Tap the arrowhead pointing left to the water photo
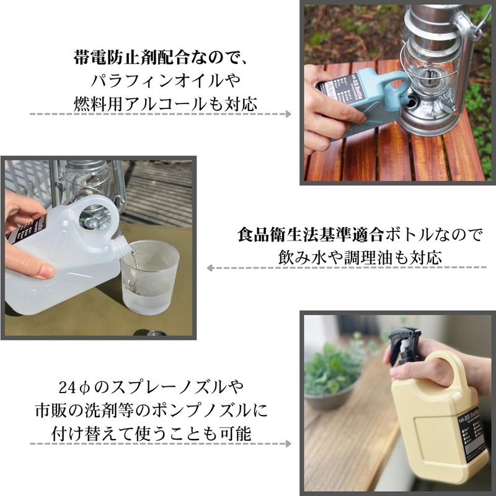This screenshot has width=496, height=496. (210, 268)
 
